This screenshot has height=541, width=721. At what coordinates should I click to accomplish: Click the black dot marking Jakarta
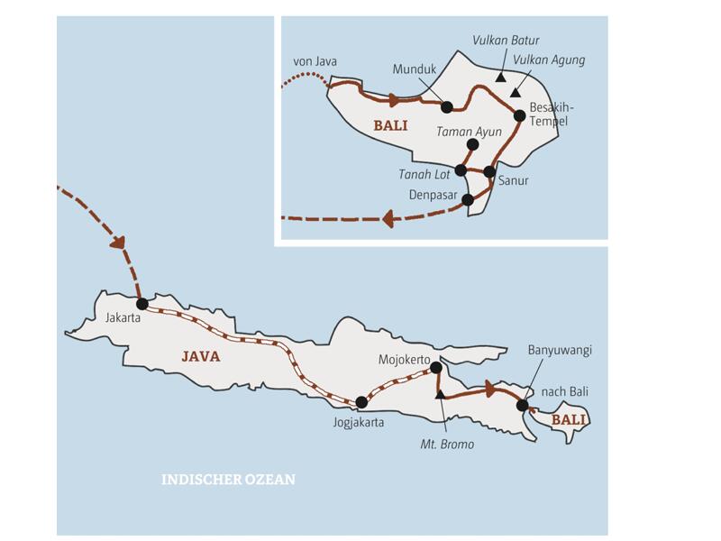(141, 304)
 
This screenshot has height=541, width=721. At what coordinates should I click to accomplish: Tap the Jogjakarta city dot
(361, 402)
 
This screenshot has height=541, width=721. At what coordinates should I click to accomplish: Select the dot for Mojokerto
(436, 367)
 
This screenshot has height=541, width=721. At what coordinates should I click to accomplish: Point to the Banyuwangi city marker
(523, 405)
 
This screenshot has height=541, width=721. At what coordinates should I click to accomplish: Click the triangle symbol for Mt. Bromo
(440, 395)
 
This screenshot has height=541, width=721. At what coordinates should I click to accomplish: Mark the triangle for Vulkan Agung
(515, 92)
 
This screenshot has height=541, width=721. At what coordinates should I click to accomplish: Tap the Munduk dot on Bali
(446, 106)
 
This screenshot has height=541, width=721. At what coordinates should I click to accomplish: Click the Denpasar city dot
(467, 199)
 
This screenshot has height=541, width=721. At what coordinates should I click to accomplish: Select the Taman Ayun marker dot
(472, 144)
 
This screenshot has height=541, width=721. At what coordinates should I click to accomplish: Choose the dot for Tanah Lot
(461, 170)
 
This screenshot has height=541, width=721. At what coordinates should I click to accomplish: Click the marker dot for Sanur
(489, 171)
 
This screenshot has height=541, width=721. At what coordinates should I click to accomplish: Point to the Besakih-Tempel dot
(519, 115)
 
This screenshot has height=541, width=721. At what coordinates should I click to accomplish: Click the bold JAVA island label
(200, 356)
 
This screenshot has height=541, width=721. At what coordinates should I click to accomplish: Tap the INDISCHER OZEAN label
(228, 480)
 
